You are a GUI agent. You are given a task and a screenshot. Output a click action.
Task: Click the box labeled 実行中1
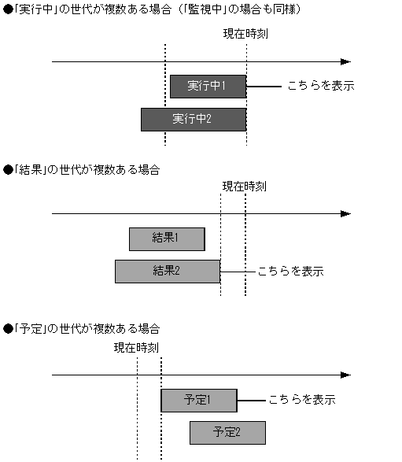coord(208,86)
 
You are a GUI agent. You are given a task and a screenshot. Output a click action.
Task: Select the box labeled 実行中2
coord(193,120)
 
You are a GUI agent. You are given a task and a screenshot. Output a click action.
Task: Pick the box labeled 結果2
coord(167,271)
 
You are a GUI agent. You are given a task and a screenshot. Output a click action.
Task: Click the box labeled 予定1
coord(198,400)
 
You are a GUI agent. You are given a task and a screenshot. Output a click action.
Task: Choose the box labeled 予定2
coord(227,432)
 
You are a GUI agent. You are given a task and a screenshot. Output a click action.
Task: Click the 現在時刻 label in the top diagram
coord(245,36)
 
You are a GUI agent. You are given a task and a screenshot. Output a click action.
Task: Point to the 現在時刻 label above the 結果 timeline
coord(244,187)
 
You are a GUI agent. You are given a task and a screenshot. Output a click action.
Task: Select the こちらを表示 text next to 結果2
coord(290,271)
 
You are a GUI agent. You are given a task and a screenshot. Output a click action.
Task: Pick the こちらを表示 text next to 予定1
coord(302,400)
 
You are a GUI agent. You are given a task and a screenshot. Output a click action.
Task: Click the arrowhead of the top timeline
coord(345,61)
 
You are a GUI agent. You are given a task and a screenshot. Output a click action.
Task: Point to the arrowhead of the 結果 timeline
coord(345,213)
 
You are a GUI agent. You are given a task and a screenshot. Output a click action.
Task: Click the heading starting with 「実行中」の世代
coord(149,9)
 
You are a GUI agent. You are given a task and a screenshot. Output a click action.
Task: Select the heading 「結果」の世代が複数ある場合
coord(83,170)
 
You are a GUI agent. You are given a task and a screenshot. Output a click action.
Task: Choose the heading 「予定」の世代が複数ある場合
coord(83,327)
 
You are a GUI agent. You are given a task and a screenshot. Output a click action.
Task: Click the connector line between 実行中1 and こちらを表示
coord(264,86)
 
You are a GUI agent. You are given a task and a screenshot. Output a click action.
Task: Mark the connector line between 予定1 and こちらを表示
coord(249,400)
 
